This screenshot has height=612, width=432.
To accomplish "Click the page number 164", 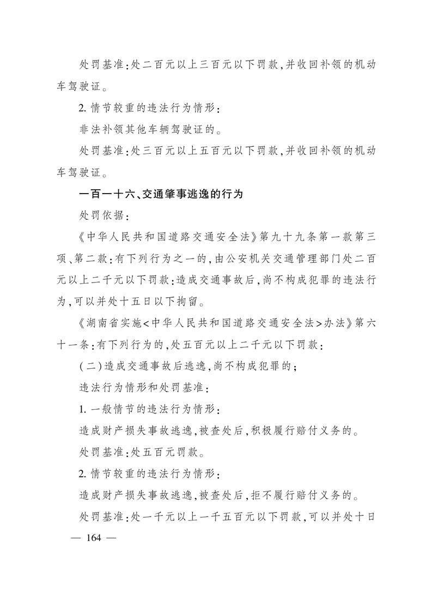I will [93, 538].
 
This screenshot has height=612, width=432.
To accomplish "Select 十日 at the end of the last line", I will [364, 517].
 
